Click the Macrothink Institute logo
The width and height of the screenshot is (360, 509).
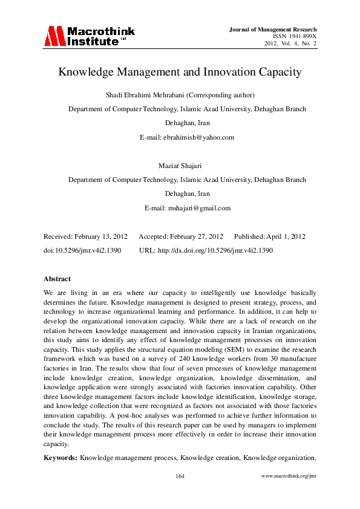(89, 37)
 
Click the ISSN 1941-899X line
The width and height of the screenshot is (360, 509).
(295, 36)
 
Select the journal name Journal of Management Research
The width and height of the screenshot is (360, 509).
(273, 29)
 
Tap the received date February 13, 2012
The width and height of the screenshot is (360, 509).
(103, 236)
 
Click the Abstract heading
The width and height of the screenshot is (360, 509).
(57, 279)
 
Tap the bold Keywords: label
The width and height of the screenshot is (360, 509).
(60, 458)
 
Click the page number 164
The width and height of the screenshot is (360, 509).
(180, 494)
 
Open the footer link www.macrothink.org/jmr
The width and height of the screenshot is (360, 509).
(289, 494)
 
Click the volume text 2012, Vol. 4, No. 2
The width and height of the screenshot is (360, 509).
(290, 44)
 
